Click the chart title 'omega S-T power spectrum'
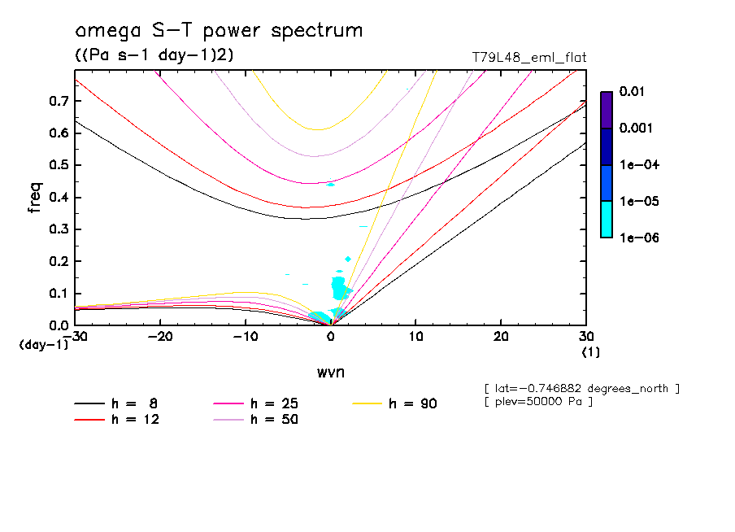click(x=219, y=31)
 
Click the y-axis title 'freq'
click(x=34, y=198)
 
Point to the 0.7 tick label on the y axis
click(x=58, y=101)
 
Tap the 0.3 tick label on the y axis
click(x=58, y=229)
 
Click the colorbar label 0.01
click(x=633, y=92)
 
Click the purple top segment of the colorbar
click(x=607, y=110)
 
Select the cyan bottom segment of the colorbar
click(x=607, y=220)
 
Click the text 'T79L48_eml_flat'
click(x=528, y=58)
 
